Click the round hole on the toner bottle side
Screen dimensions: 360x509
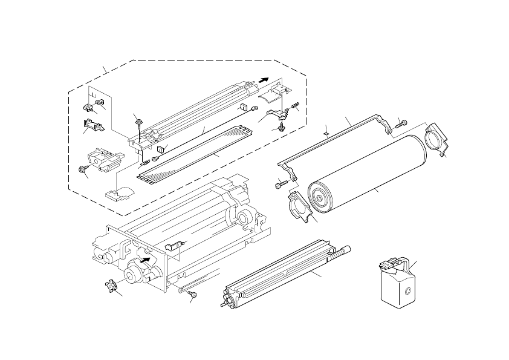tap(408, 292)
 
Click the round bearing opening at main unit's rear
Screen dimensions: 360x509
tap(245, 218)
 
